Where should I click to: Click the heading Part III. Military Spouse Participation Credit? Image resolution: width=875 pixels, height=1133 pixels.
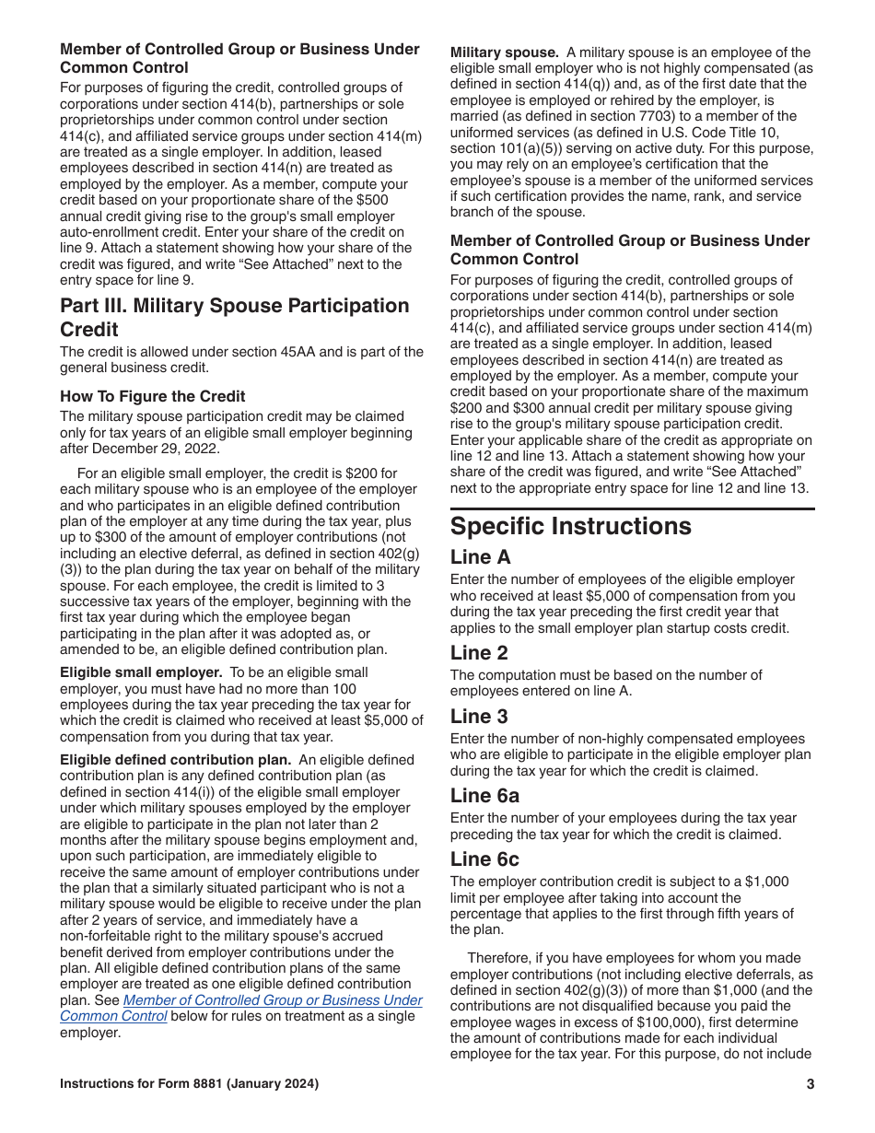click(x=235, y=318)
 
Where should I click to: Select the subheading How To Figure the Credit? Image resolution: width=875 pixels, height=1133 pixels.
click(x=153, y=396)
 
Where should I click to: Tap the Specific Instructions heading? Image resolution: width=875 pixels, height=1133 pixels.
click(x=570, y=526)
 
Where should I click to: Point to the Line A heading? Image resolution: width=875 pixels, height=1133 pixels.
click(x=480, y=557)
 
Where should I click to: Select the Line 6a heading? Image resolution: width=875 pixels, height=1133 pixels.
click(x=484, y=795)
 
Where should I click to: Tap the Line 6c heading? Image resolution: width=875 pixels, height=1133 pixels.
click(x=484, y=859)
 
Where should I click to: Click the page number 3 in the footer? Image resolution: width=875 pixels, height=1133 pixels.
click(x=810, y=1084)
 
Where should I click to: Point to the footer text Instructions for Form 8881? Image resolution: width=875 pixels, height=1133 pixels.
click(x=189, y=1084)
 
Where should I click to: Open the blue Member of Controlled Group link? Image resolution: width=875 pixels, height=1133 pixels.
click(x=272, y=1000)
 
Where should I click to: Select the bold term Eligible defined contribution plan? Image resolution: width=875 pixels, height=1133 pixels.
click(x=175, y=760)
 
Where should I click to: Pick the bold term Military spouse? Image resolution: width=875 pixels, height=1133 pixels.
click(x=504, y=53)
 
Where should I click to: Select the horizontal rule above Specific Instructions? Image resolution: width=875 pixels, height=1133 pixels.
click(x=632, y=508)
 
